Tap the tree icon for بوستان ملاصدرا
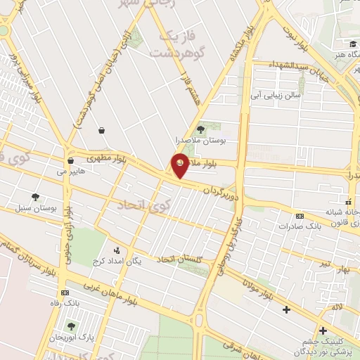(200, 129)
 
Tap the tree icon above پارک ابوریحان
(71, 326)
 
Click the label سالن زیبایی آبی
(279, 93)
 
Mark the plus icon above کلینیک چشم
(323, 330)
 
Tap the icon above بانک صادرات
(300, 216)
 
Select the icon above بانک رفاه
(65, 292)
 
